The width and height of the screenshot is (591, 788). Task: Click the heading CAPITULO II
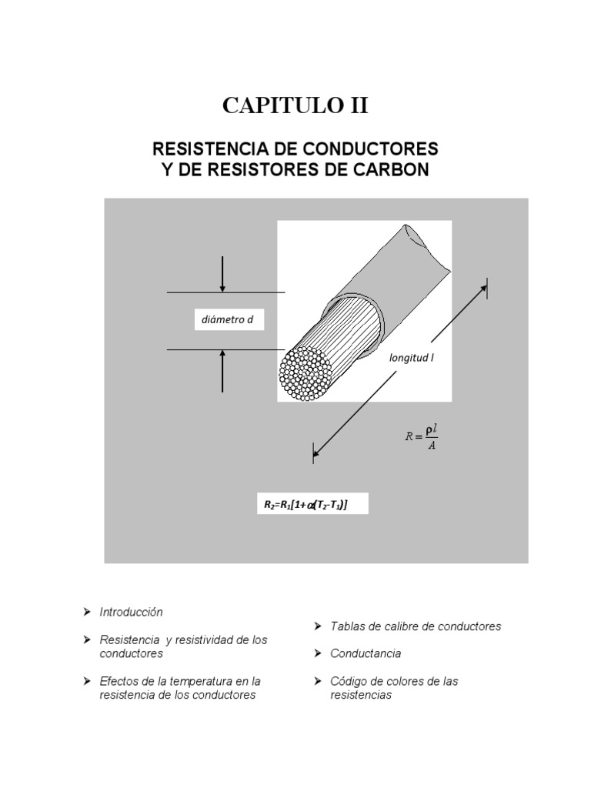[x=295, y=105]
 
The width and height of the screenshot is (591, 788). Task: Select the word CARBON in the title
[x=394, y=169]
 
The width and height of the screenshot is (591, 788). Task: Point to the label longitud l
[x=412, y=357]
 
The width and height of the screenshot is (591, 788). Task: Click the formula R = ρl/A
[x=422, y=437]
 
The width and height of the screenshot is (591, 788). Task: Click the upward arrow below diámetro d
[x=222, y=370]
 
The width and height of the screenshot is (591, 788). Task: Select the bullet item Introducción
[x=131, y=612]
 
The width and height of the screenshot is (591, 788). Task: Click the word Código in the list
[x=348, y=681]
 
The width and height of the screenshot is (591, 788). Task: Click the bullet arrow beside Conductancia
[x=318, y=653]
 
